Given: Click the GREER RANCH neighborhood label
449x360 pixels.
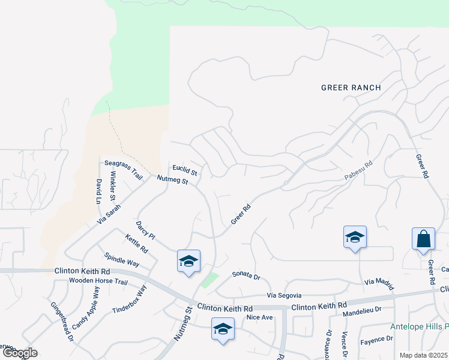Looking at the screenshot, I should coord(351,88).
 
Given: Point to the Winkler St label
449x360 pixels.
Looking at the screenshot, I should coord(113,186).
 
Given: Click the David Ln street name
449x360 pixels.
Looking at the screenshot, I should coord(98,191).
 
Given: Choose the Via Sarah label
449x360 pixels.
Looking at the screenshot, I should coord(109,215).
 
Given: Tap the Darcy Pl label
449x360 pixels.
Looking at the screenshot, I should coord(145,229).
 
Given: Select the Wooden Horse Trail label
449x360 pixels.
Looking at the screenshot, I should coord(98,281).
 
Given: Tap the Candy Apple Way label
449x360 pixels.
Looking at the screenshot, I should coord(86,310).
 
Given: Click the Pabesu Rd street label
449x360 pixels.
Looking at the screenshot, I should coord(359,172).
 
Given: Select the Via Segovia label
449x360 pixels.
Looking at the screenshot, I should coord(284,296).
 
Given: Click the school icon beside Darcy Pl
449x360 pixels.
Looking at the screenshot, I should coord(188,261).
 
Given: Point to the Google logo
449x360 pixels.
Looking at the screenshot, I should coord(20,353).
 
